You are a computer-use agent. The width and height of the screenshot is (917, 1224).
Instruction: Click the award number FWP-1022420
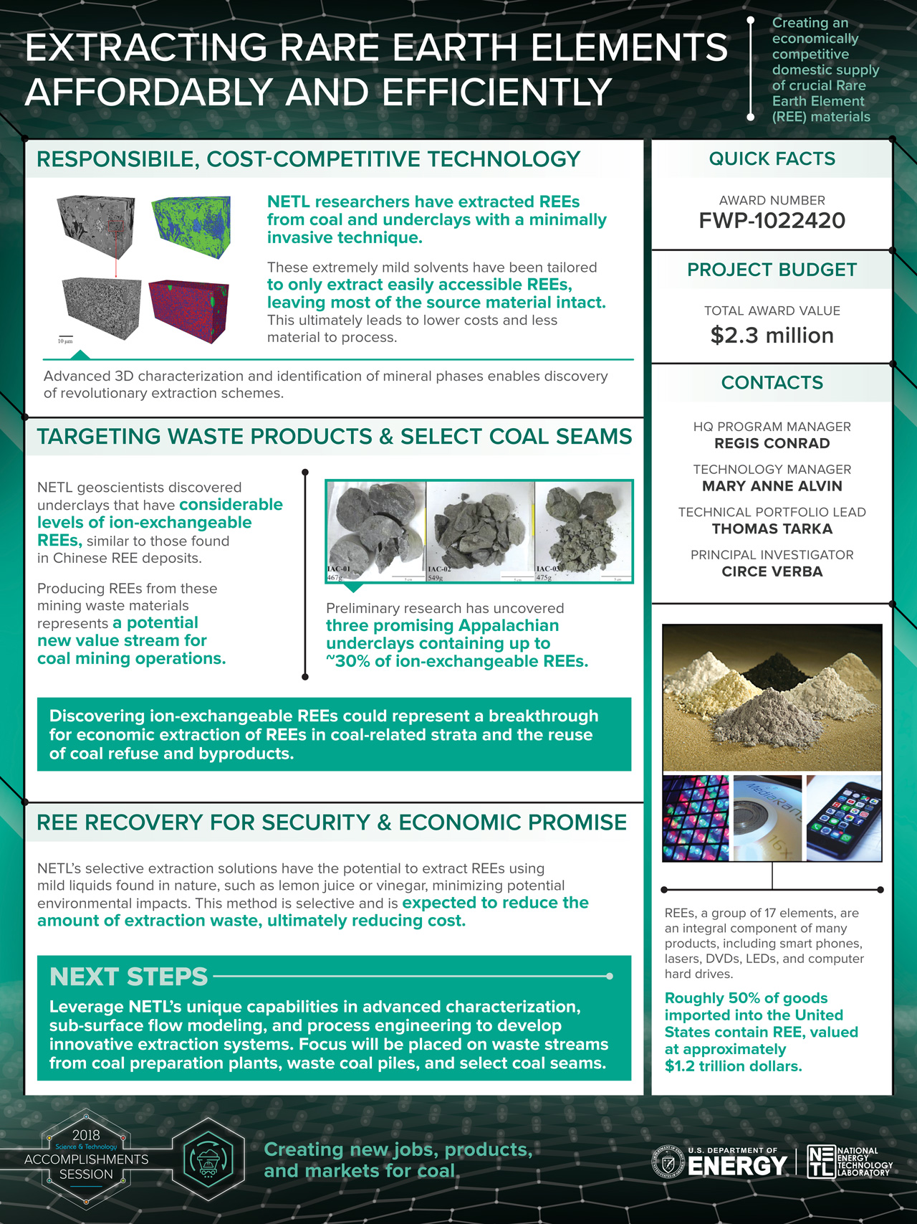[772, 221]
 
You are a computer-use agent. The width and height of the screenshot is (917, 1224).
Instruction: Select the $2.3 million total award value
[772, 336]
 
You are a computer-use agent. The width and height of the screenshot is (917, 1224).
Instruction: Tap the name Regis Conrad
[772, 444]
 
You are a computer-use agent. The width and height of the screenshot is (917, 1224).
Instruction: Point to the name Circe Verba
[772, 572]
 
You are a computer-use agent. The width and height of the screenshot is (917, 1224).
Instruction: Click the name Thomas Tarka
[772, 529]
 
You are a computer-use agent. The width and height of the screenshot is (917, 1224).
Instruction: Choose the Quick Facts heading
[772, 159]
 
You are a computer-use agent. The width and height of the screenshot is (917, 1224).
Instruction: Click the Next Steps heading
[129, 977]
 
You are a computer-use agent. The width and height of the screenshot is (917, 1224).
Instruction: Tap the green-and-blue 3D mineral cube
[191, 226]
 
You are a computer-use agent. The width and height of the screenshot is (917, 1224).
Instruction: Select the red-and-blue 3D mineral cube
[188, 311]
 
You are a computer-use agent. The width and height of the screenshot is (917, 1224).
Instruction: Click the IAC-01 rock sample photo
[375, 531]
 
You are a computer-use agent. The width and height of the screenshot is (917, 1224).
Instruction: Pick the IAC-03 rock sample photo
[584, 531]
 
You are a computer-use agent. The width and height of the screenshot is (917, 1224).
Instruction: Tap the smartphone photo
[844, 818]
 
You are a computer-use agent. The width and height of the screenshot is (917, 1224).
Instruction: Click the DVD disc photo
[767, 818]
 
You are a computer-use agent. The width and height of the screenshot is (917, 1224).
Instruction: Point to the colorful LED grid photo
[696, 818]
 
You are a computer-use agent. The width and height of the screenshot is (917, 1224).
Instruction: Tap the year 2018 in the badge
[86, 1135]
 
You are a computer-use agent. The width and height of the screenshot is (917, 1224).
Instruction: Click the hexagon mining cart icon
[208, 1159]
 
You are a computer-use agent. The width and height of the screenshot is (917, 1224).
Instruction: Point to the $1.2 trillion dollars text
[733, 1066]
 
